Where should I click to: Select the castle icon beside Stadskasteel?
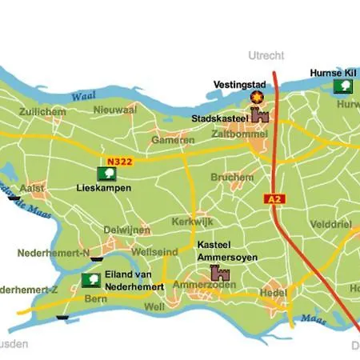pos(259,116)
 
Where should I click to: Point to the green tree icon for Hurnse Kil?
pos(343,86)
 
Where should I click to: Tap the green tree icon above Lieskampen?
pos(106,174)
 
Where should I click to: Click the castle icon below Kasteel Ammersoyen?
pos(218,273)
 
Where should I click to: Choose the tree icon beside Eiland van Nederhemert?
pos(91,280)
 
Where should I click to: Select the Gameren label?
pos(168,141)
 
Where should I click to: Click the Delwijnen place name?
pos(127,230)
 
